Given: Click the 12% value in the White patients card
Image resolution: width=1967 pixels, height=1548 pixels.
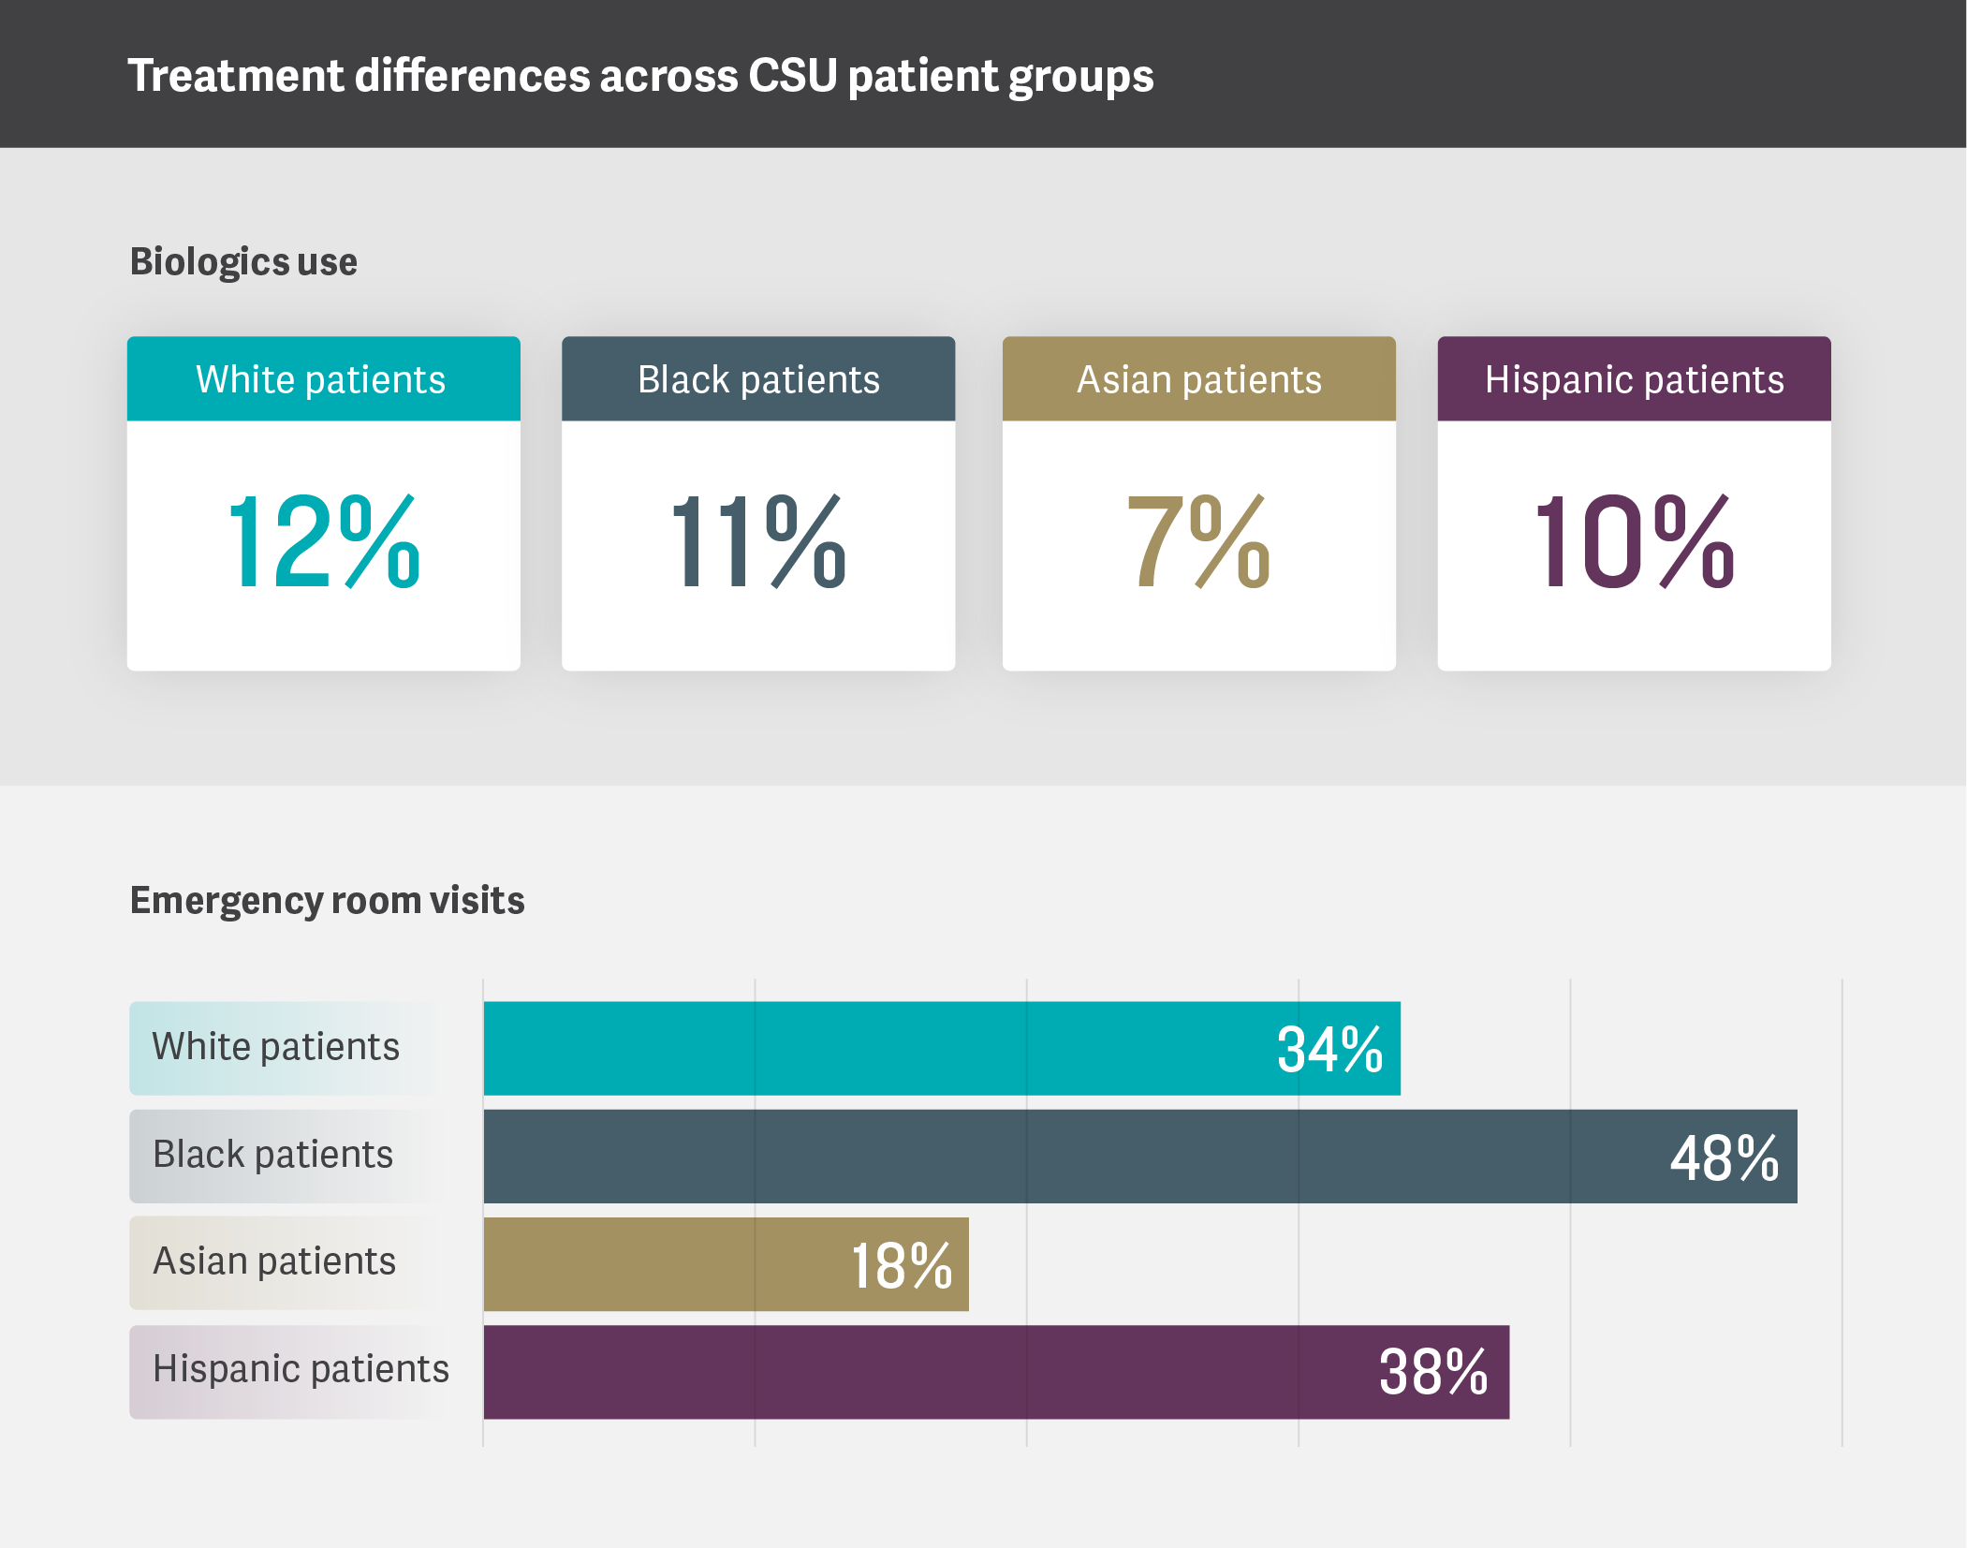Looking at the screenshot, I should (x=323, y=542).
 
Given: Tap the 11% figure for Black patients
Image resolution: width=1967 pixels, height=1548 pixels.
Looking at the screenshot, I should (x=758, y=542).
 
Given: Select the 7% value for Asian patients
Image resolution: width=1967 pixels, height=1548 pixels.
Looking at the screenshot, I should (x=1198, y=542).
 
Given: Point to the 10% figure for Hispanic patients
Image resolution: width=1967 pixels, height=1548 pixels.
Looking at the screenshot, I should (x=1634, y=542).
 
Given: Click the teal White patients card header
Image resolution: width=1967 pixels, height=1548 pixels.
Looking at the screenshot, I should (x=323, y=379).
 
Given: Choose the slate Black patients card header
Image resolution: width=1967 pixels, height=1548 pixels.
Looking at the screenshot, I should (x=758, y=379).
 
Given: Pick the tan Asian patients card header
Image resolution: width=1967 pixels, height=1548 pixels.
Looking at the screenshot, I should (x=1198, y=379).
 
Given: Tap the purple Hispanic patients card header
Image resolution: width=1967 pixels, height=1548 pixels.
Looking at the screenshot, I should (x=1634, y=379).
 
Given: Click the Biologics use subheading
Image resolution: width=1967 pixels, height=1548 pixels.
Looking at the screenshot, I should (x=243, y=262).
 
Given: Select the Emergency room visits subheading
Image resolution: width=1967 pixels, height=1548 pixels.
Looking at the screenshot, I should (x=327, y=901).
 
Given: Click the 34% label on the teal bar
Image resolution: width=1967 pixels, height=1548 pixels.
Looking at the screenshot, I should (x=1329, y=1050).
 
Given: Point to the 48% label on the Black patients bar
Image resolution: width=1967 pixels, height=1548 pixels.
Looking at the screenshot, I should (x=1725, y=1158).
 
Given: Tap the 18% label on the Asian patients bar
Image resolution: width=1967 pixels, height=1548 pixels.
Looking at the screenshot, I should (x=901, y=1266).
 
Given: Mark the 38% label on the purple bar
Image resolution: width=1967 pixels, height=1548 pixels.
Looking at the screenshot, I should (x=1432, y=1373).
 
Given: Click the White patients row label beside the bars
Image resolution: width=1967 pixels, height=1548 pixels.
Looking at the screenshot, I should (x=276, y=1047).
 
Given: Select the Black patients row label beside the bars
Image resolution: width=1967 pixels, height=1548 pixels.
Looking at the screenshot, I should (x=272, y=1155).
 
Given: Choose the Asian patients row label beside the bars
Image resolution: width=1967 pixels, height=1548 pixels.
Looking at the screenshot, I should (x=274, y=1261).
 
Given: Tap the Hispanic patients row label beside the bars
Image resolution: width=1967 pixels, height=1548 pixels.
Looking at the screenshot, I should (x=301, y=1369).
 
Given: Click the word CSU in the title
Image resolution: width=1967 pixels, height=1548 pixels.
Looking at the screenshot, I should (x=792, y=76).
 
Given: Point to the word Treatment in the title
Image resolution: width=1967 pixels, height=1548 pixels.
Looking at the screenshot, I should (x=236, y=76).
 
